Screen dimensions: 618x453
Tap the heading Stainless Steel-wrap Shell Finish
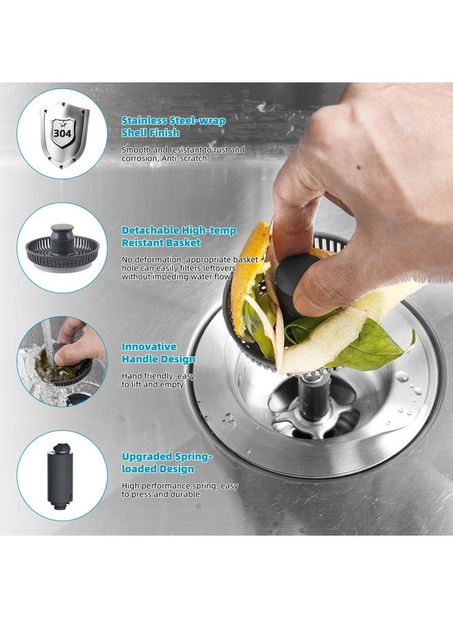point(173,126)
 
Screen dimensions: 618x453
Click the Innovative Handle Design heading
point(158,353)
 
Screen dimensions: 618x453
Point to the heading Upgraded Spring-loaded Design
point(167,462)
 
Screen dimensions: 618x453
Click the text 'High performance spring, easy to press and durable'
point(180,490)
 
